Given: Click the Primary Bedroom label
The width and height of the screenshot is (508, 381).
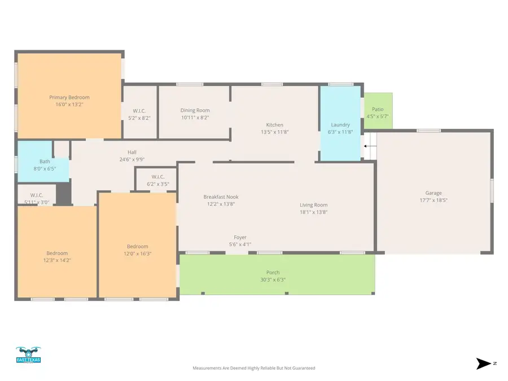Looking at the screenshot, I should (x=69, y=97).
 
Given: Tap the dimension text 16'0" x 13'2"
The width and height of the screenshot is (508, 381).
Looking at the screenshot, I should (x=69, y=104).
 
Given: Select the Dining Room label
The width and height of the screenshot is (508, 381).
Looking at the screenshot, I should (x=195, y=110).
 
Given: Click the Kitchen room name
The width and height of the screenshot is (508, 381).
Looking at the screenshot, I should (x=275, y=125).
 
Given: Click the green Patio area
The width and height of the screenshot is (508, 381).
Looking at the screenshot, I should (x=378, y=110).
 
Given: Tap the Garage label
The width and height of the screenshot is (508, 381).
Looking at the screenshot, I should (x=433, y=193).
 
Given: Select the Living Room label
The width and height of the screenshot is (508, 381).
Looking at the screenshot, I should (x=313, y=205).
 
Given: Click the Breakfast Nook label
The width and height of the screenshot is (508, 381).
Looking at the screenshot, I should (x=221, y=197).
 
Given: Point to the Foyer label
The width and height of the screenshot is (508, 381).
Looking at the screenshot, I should (x=240, y=237).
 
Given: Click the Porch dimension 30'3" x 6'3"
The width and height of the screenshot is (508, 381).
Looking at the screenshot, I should (x=273, y=279).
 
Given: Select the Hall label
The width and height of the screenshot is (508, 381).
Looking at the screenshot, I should (x=132, y=152).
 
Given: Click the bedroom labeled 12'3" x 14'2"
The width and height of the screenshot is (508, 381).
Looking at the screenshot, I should (x=57, y=257).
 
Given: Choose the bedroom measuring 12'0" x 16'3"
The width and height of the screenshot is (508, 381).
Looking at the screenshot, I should (x=137, y=250).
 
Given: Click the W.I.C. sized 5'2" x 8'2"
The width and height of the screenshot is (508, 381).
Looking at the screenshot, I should (x=139, y=114).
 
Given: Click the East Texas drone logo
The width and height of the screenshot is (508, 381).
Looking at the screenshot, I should (x=28, y=356).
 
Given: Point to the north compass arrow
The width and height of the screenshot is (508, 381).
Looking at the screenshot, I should (x=484, y=364).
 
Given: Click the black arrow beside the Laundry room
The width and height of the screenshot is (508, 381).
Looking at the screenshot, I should (x=366, y=146).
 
